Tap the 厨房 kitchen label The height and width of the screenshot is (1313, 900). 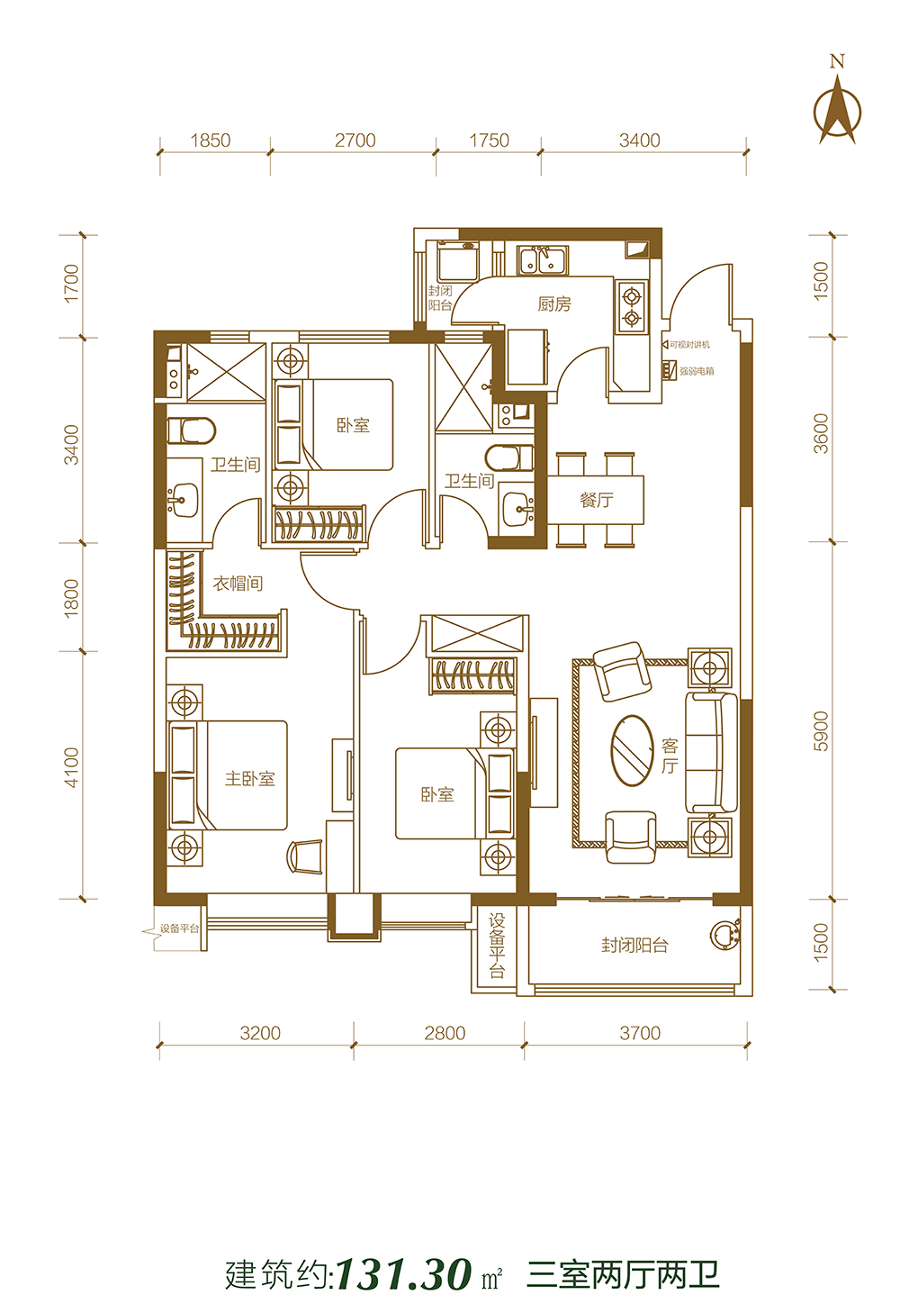click(553, 303)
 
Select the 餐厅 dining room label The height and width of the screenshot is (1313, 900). click(597, 500)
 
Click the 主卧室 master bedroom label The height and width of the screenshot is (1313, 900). click(250, 778)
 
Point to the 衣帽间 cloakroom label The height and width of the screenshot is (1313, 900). click(238, 584)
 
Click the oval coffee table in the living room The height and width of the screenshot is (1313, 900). click(632, 749)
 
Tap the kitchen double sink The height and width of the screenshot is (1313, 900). click(542, 259)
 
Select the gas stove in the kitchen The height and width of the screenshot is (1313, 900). click(632, 307)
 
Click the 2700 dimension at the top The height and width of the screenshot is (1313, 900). click(355, 140)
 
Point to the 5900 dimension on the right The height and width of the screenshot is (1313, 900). click(821, 731)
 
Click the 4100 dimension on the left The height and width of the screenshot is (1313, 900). click(71, 767)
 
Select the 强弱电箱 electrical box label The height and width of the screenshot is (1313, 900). click(697, 371)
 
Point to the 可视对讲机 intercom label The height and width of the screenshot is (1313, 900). click(689, 345)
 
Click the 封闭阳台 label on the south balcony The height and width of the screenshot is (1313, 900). click(634, 945)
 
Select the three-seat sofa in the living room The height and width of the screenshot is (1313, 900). click(711, 752)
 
